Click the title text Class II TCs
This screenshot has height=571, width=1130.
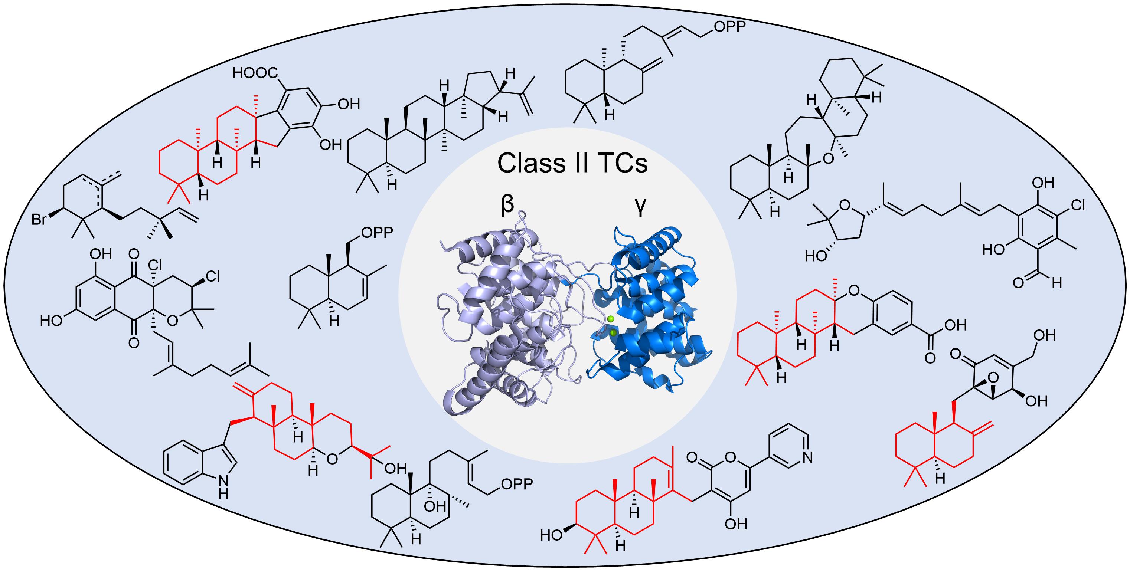click(x=572, y=163)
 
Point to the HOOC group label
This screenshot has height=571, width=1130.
click(x=256, y=73)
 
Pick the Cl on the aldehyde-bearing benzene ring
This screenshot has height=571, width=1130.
click(x=1077, y=205)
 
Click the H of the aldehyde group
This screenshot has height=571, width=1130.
click(x=1057, y=283)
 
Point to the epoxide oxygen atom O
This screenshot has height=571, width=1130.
click(x=993, y=378)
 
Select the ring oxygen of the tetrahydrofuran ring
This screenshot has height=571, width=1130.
click(x=844, y=205)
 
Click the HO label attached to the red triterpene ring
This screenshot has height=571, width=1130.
click(x=551, y=535)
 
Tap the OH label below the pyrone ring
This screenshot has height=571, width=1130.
click(x=736, y=524)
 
